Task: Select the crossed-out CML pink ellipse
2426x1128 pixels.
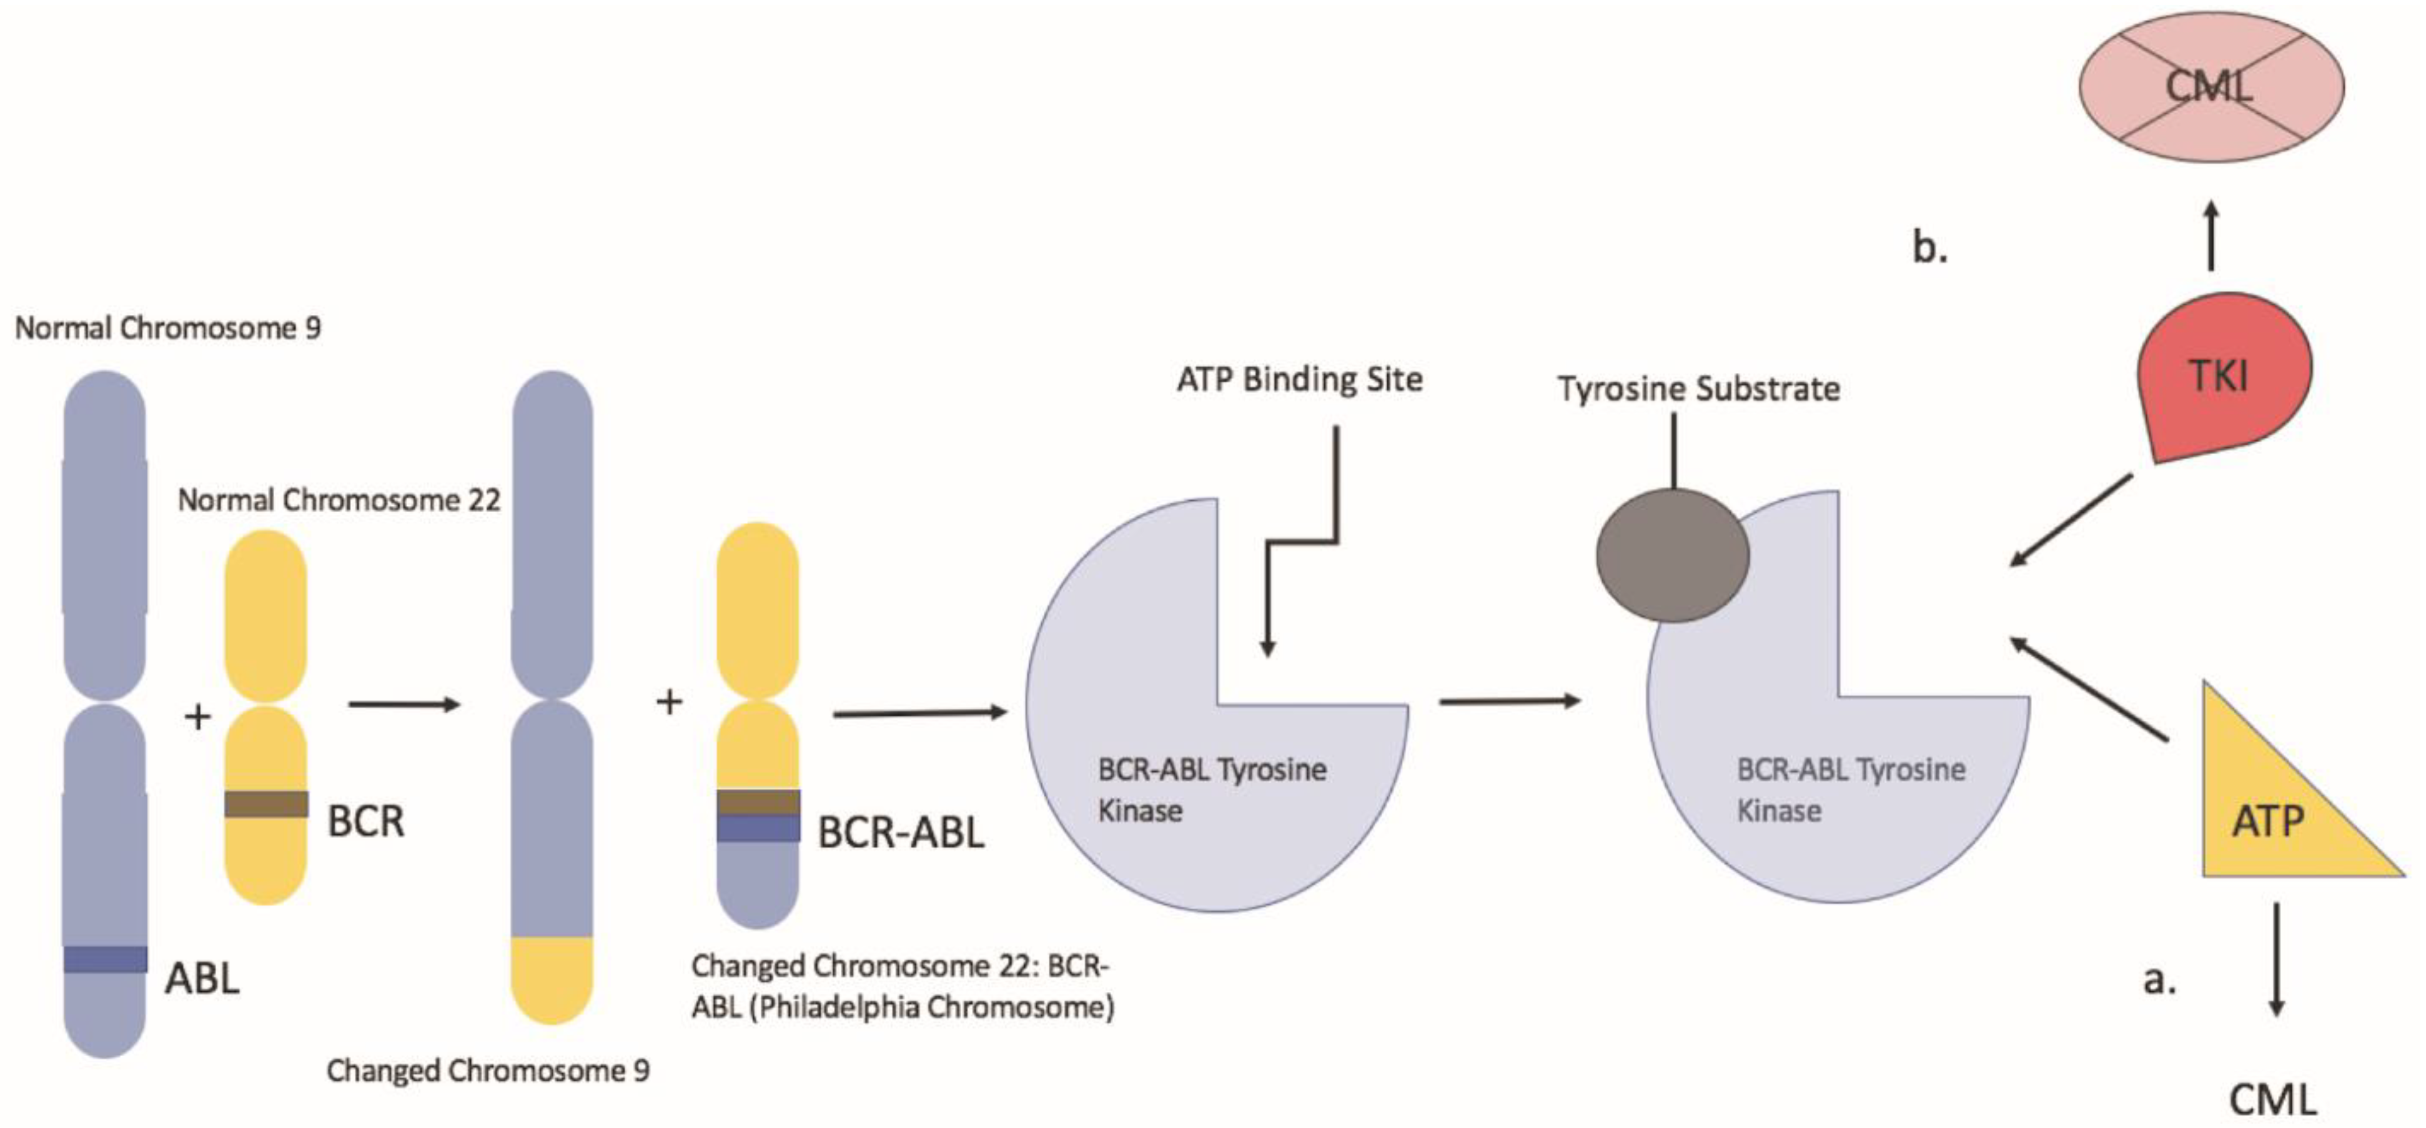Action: click(x=2211, y=87)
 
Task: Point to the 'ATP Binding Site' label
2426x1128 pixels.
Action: click(x=1300, y=380)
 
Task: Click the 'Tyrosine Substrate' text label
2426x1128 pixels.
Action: click(x=1698, y=389)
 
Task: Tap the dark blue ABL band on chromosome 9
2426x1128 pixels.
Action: click(x=106, y=959)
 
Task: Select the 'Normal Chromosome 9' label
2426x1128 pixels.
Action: click(x=167, y=329)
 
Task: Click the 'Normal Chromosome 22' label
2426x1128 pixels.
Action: click(x=339, y=500)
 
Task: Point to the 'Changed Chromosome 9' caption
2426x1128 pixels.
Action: click(x=488, y=1071)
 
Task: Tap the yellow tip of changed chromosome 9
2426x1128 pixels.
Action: click(x=552, y=979)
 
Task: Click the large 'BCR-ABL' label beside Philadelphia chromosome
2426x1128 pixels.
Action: click(x=900, y=833)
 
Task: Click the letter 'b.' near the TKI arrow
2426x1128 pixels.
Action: click(x=1929, y=247)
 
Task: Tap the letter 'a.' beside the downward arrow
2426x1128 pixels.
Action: click(x=2159, y=980)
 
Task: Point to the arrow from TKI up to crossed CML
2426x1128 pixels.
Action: click(x=2211, y=235)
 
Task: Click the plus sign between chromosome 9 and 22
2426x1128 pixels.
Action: click(x=197, y=718)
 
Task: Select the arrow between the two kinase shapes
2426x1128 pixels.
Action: click(x=1508, y=701)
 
